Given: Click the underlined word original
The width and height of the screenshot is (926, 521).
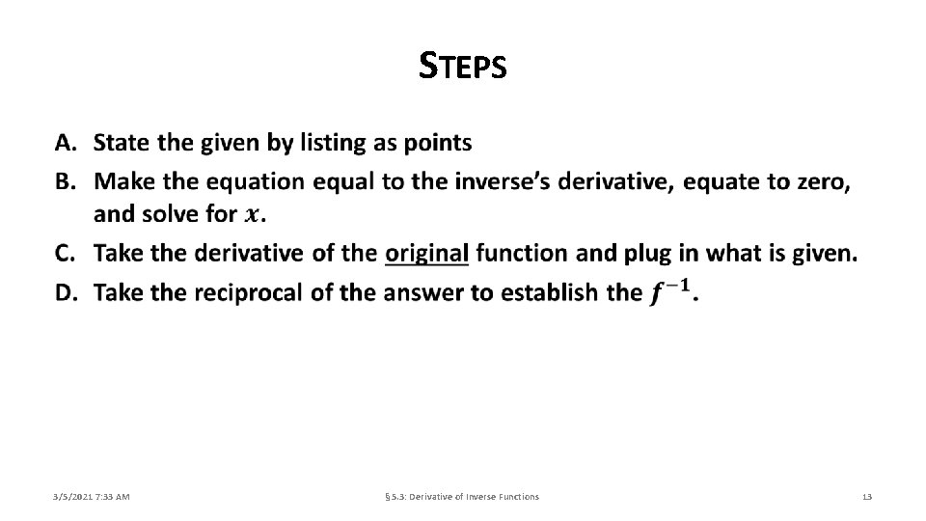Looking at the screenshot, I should coord(426,254).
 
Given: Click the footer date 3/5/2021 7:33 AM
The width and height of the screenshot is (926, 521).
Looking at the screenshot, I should coord(92,496).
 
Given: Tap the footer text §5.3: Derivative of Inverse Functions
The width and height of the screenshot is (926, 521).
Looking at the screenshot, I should coord(462,496).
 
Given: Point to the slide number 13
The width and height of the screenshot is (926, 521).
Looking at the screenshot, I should coord(866,496).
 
